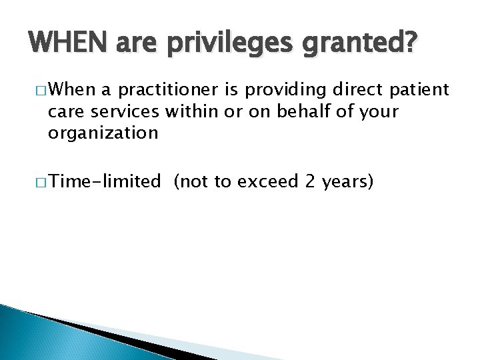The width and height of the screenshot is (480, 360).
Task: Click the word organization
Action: (x=102, y=133)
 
